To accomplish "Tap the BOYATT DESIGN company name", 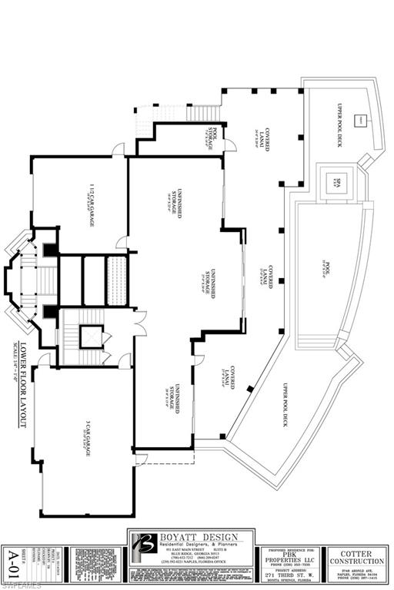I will point(195,537).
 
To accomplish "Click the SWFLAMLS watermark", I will point(18,583).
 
